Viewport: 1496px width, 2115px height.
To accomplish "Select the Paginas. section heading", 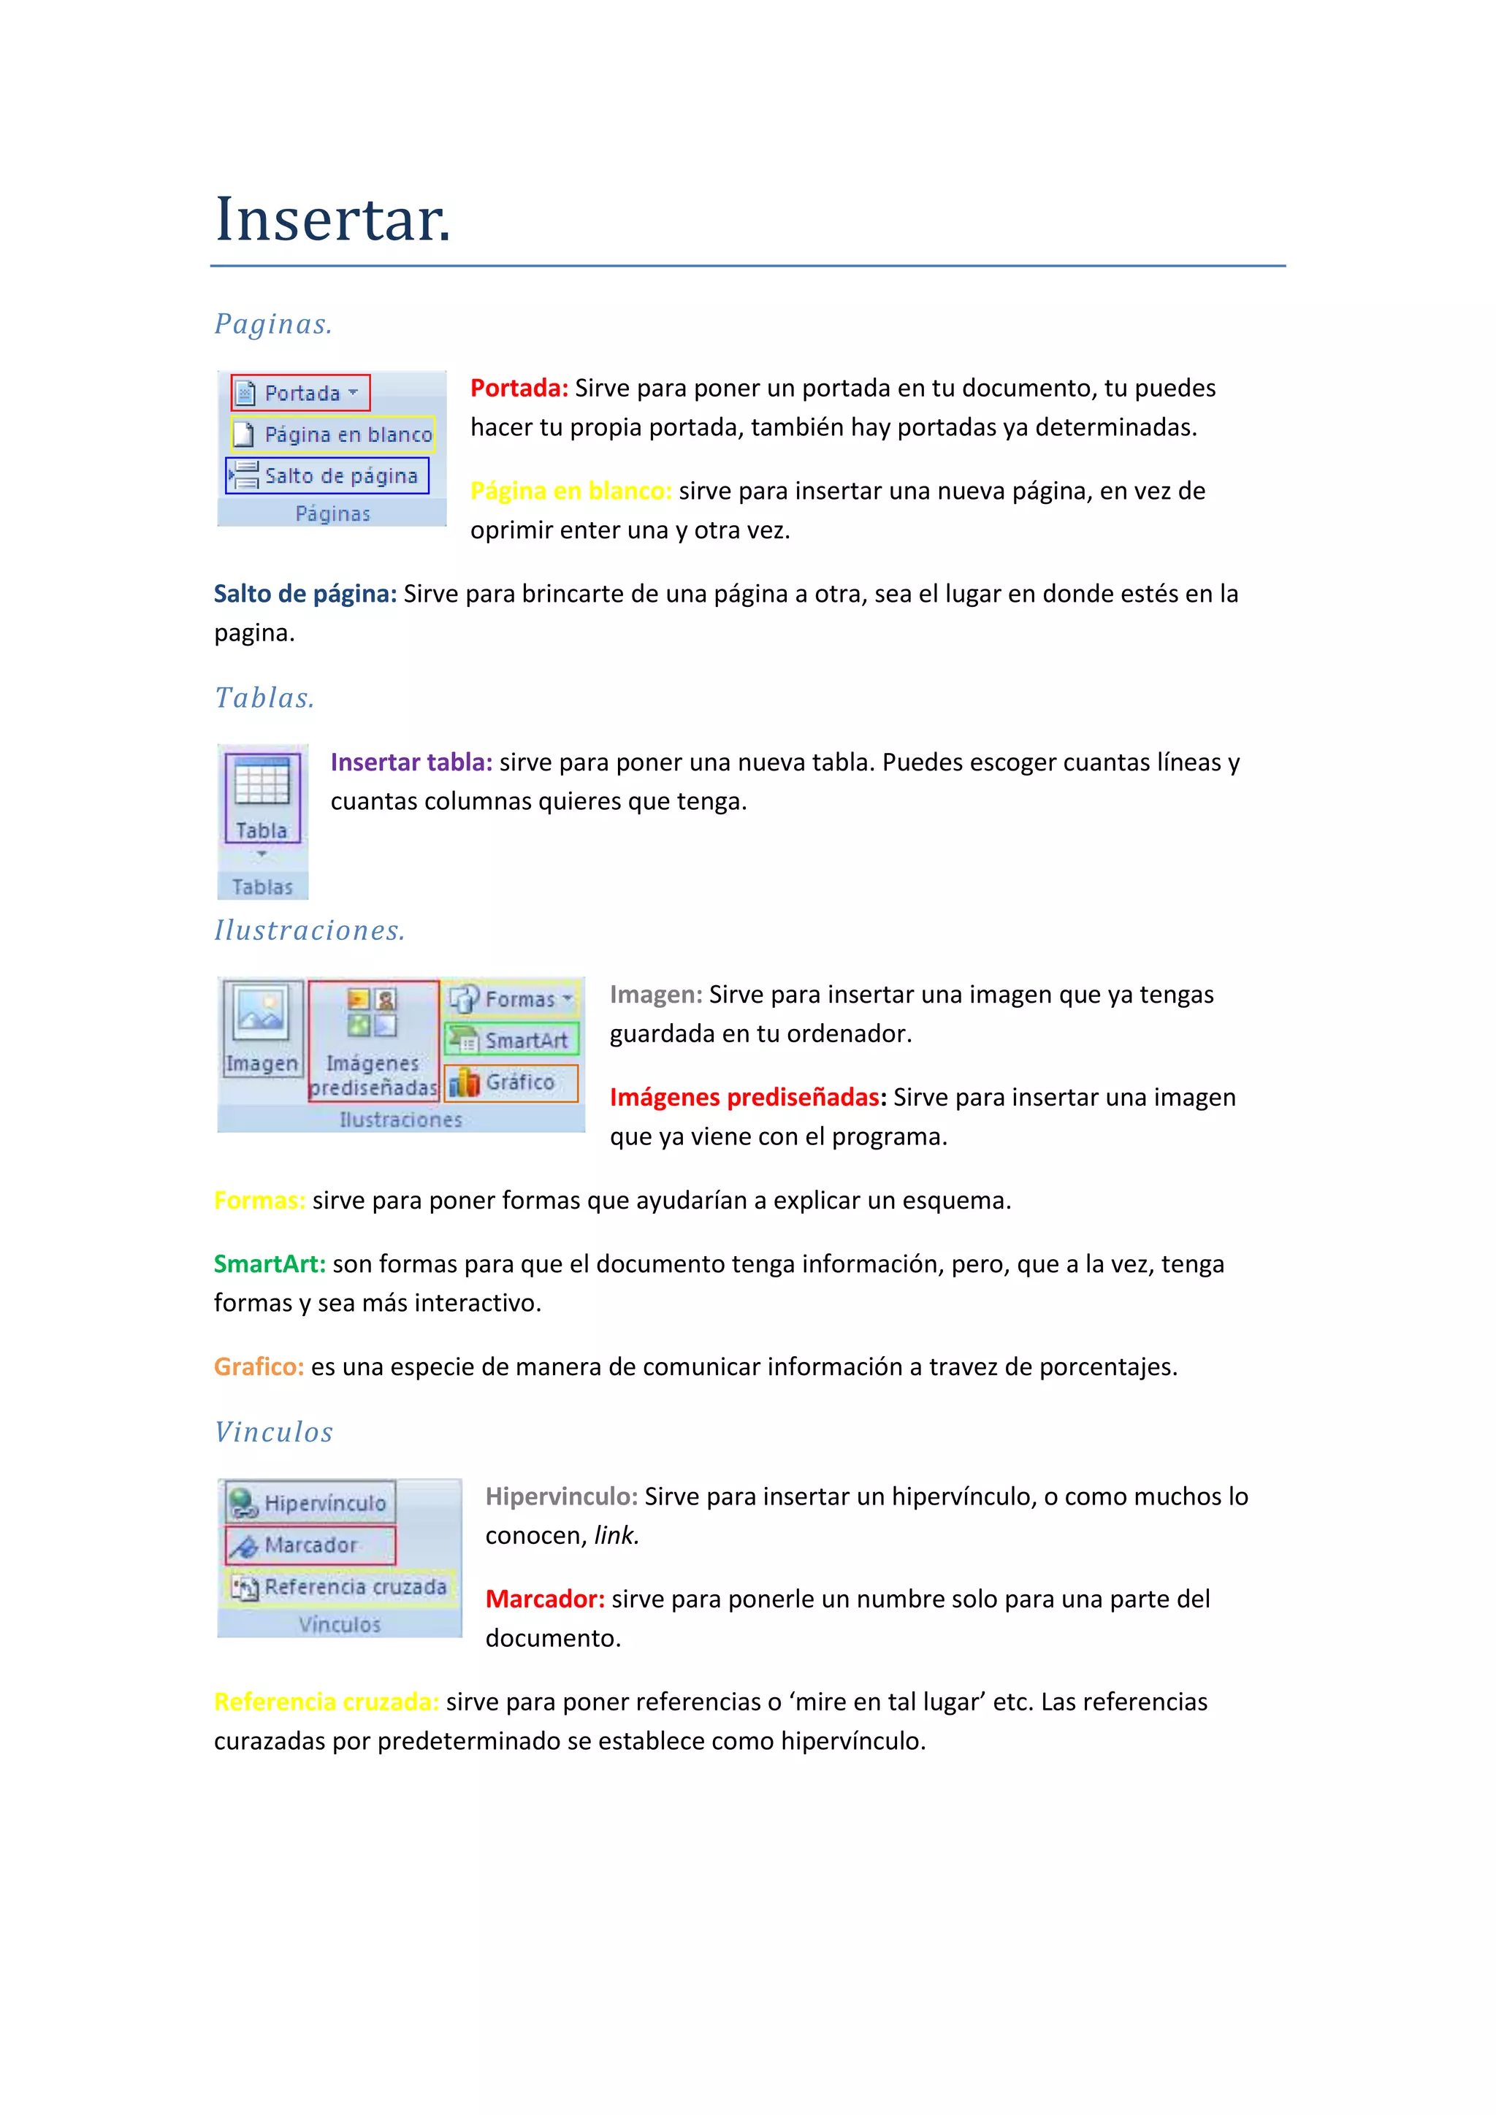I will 272,324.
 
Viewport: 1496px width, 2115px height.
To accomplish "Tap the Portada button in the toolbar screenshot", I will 300,394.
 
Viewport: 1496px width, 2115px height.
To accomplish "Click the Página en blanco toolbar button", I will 332,434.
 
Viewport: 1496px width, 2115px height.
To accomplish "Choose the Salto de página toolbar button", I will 328,475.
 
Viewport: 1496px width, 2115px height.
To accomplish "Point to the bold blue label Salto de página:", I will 305,594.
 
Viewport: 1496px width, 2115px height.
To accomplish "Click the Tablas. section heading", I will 264,698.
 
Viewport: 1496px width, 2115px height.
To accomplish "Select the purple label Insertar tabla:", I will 411,762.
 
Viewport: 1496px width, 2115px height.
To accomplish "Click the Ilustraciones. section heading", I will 310,930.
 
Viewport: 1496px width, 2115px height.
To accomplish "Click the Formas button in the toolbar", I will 511,998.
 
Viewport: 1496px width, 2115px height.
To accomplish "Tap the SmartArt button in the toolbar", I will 512,1040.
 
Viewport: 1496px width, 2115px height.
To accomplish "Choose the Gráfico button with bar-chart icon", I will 511,1082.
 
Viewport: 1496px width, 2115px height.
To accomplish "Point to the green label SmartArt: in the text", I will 269,1264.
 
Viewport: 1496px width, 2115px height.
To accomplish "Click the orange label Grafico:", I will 259,1367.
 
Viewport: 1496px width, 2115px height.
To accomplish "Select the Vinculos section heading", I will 274,1432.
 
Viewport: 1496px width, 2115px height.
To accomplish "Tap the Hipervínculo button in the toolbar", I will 310,1503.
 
